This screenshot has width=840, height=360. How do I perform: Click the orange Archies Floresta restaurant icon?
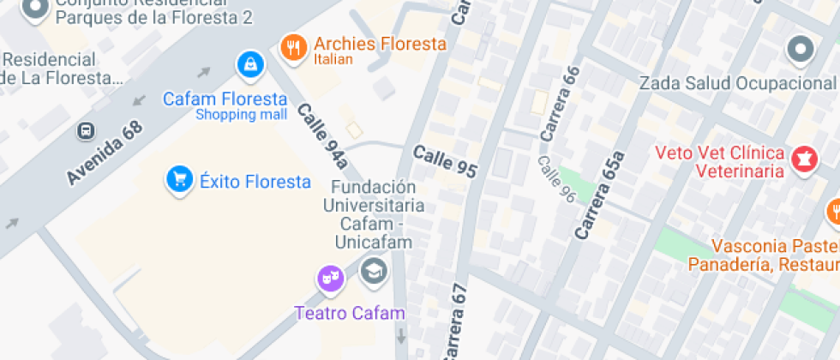(x=293, y=48)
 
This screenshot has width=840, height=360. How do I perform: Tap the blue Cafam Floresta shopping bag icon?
(x=250, y=64)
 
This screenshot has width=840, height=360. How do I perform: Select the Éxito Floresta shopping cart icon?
(x=179, y=180)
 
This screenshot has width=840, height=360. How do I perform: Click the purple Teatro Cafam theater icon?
(x=330, y=279)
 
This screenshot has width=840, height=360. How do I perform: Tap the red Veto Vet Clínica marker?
(x=804, y=159)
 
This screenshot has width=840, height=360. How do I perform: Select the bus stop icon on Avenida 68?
(x=85, y=130)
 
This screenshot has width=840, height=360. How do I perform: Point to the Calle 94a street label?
(x=322, y=136)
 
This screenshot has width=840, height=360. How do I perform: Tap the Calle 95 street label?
(x=444, y=159)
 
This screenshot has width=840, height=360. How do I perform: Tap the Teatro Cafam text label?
(x=349, y=313)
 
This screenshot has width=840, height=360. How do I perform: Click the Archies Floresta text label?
(x=380, y=44)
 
